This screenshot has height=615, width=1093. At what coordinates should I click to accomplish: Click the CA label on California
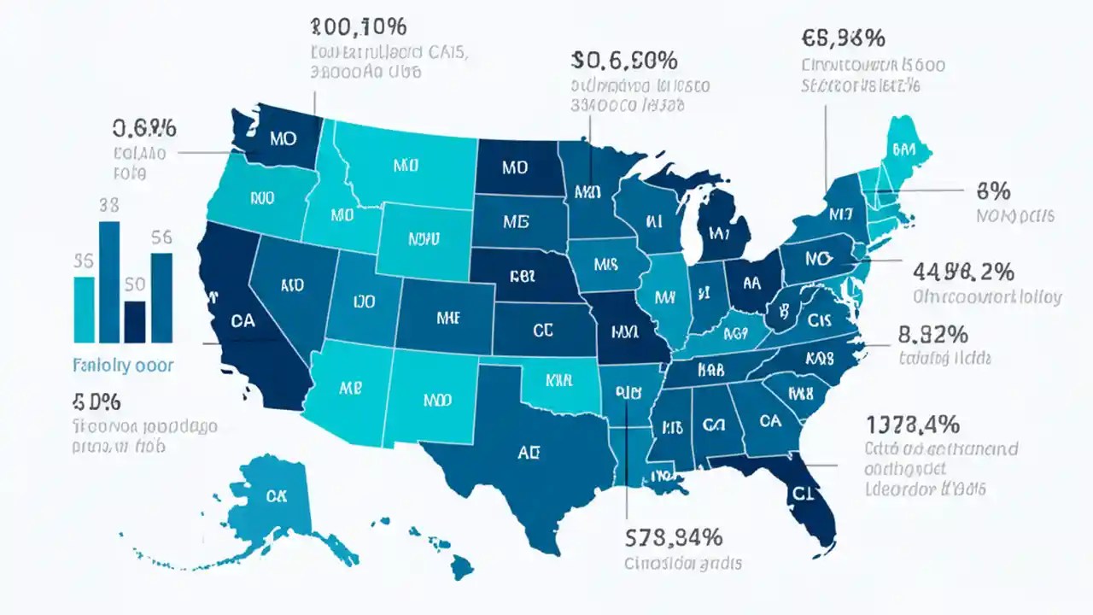243,321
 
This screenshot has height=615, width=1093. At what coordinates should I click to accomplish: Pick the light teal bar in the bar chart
85,308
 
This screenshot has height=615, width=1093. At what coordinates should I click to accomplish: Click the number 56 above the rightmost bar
161,239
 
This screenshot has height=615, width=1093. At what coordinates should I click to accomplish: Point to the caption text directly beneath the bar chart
123,366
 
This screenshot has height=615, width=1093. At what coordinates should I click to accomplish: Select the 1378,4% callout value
913,424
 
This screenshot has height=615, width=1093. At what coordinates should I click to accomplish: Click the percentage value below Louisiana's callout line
674,537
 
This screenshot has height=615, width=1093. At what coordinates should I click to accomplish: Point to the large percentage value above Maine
843,38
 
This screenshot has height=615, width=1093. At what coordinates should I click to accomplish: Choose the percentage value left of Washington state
144,128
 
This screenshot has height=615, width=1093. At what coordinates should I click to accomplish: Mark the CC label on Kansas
542,330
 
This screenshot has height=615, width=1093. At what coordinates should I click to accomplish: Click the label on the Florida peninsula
800,493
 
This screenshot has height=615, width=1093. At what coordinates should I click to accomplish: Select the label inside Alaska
277,495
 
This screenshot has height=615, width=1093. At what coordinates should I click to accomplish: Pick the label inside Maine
903,149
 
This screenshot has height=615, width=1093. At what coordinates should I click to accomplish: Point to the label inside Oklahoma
558,377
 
